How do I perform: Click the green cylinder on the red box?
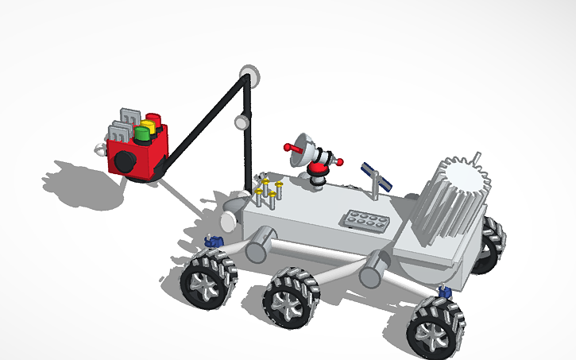coord(142,134)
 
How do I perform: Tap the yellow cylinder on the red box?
coord(147,126)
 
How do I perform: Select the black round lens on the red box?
coord(125,162)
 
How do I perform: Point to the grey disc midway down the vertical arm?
coord(240,122)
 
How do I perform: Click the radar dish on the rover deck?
coord(300,146)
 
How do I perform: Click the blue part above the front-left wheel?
coord(212,241)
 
